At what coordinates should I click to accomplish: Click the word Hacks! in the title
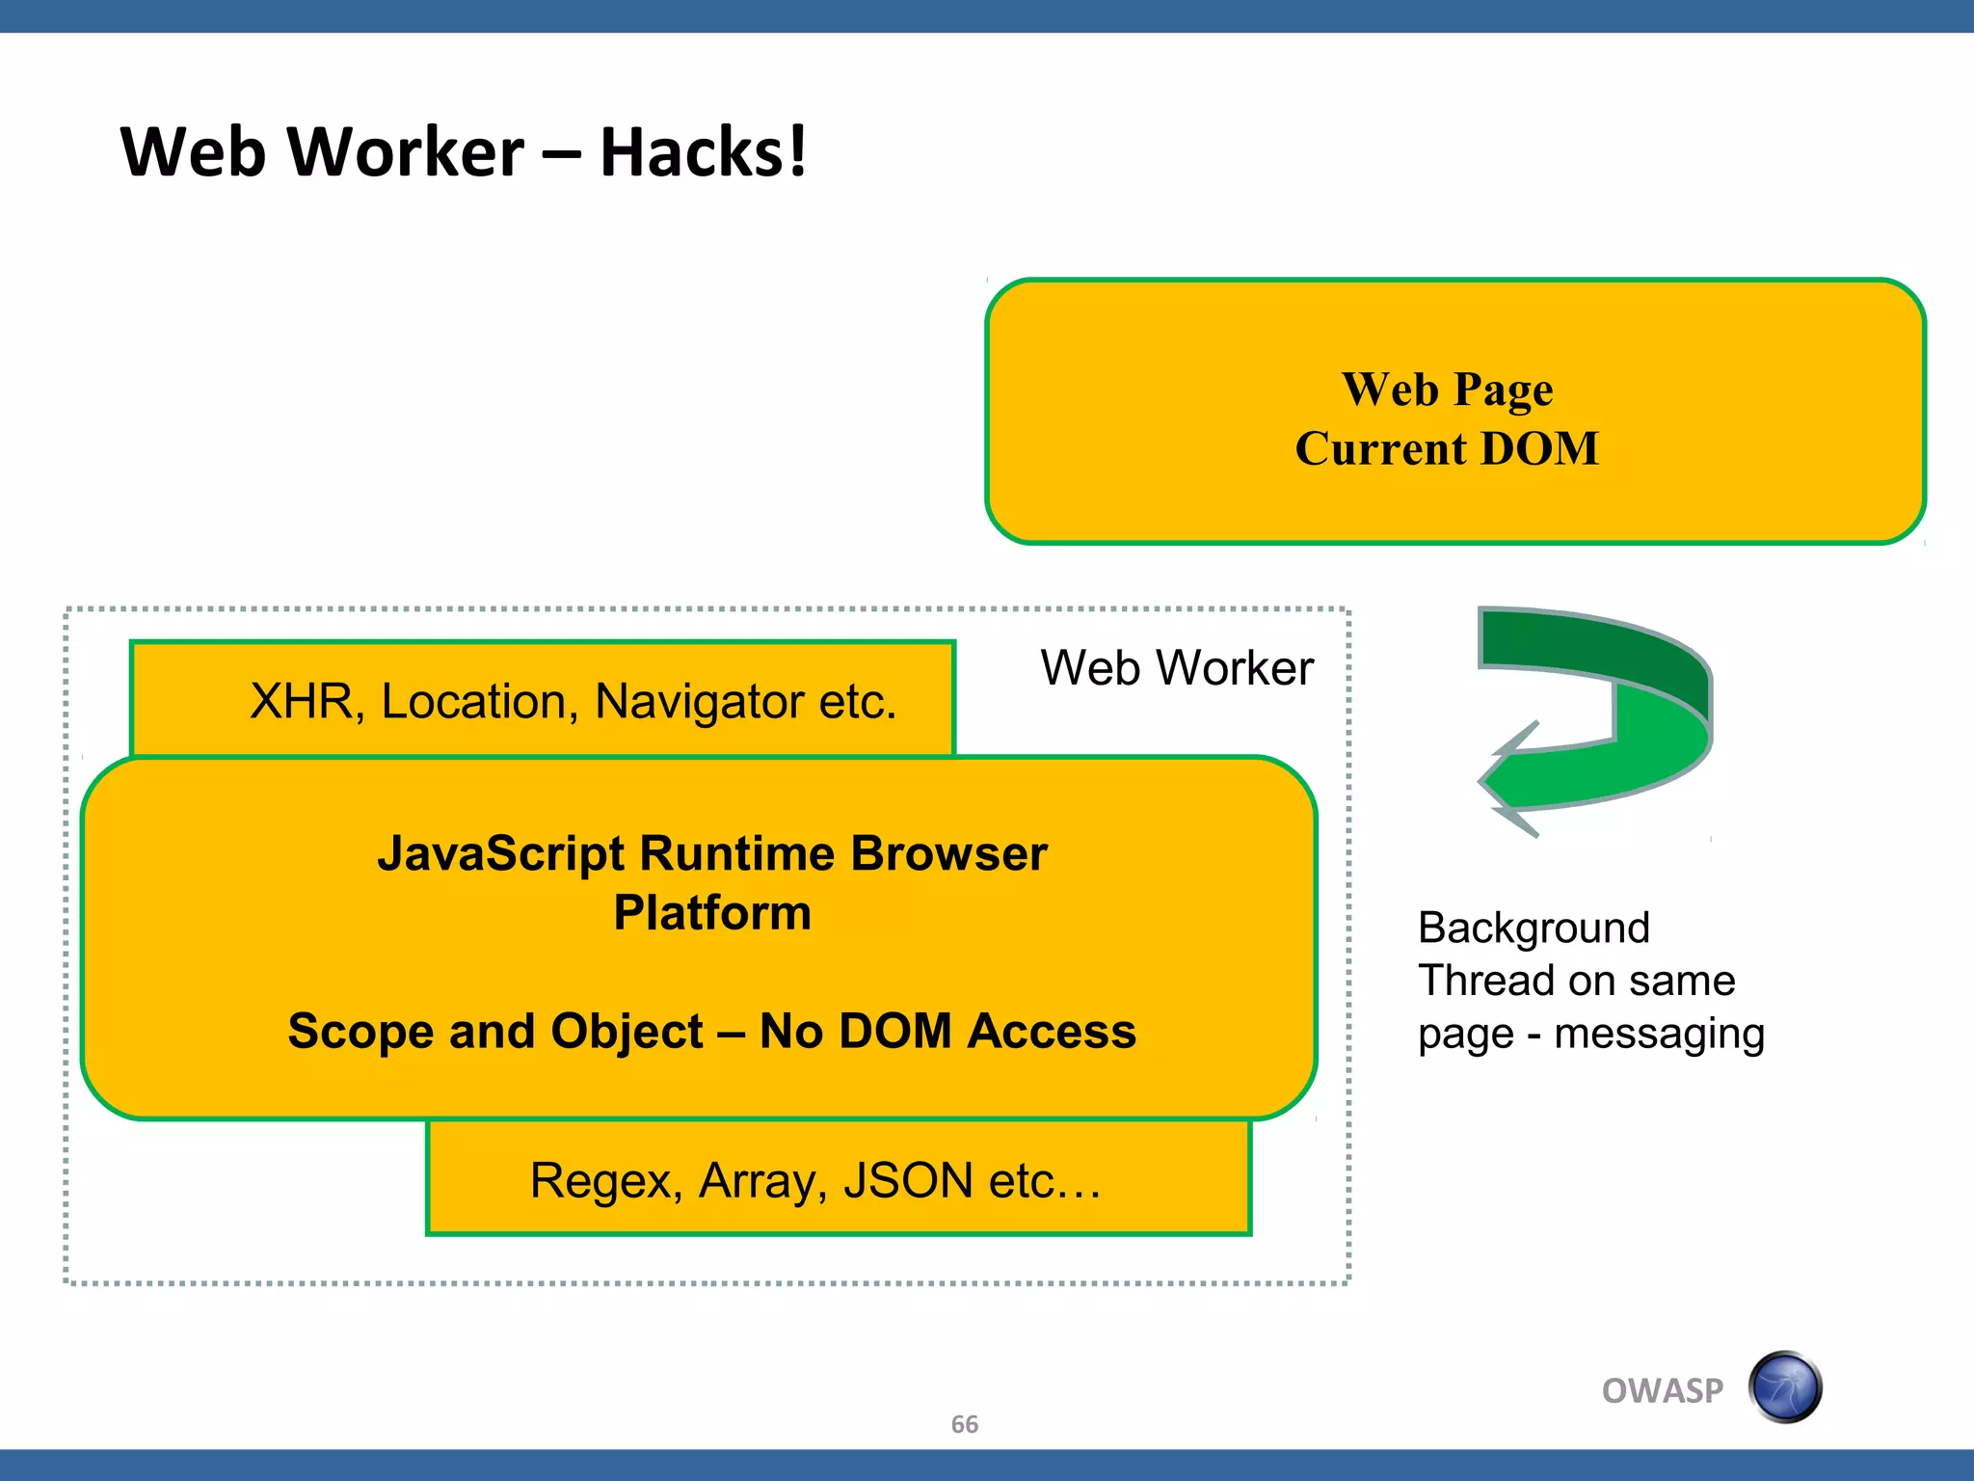click(703, 152)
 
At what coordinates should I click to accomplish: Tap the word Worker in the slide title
click(405, 152)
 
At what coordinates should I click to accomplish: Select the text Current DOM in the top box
click(1447, 449)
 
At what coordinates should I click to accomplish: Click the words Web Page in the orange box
click(1447, 390)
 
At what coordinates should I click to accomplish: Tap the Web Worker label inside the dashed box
click(1177, 667)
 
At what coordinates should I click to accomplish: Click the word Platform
click(712, 912)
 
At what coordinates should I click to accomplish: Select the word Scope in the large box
click(360, 1031)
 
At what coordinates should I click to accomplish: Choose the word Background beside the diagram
click(1534, 928)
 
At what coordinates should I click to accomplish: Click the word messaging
click(1659, 1034)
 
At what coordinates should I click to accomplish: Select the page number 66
click(964, 1424)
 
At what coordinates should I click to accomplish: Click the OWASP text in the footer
click(1662, 1390)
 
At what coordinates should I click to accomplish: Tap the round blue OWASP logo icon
click(1785, 1387)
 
